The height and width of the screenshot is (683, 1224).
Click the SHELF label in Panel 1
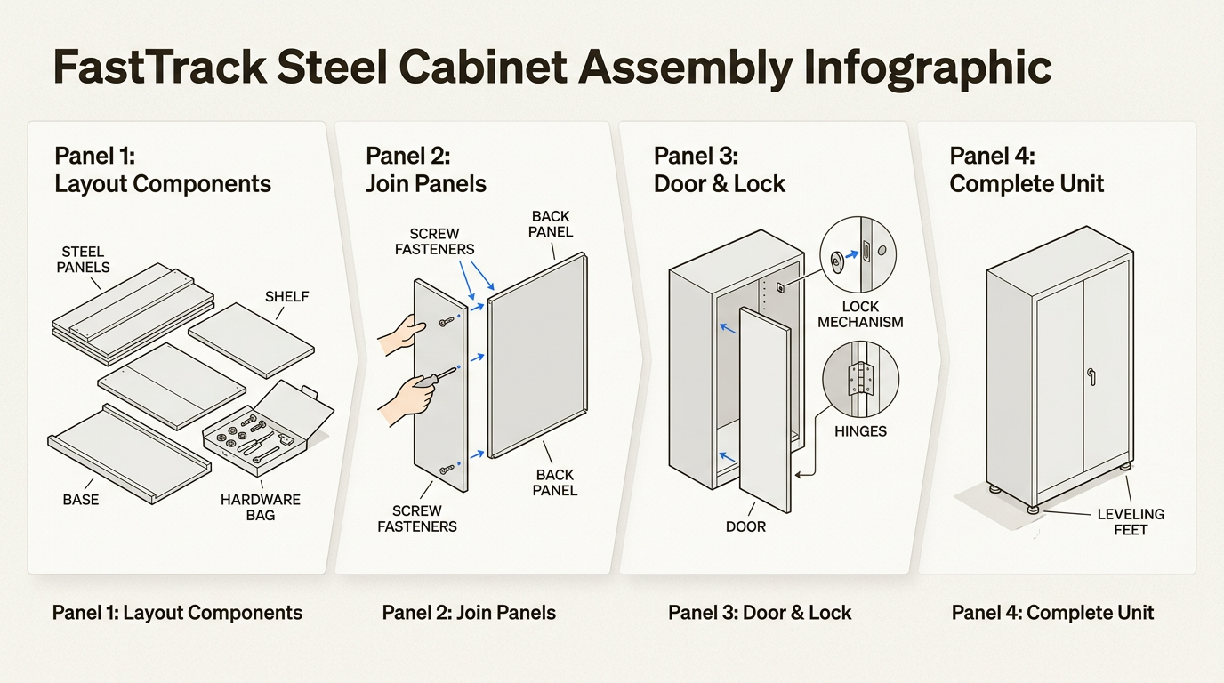(x=286, y=296)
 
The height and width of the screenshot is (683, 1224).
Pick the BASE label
(x=80, y=500)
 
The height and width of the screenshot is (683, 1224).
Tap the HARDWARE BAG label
(x=260, y=508)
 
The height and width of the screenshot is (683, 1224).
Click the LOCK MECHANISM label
(x=860, y=314)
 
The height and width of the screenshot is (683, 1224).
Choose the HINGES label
(x=861, y=431)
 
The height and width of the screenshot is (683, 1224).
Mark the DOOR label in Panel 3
(x=745, y=526)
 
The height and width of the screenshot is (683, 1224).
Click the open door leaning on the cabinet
(x=764, y=408)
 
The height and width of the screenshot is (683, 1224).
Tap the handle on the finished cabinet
(x=1091, y=376)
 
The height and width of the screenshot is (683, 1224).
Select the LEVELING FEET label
(x=1131, y=522)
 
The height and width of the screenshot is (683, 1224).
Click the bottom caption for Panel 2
(x=469, y=613)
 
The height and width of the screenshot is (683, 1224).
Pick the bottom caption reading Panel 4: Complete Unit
(x=1052, y=613)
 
